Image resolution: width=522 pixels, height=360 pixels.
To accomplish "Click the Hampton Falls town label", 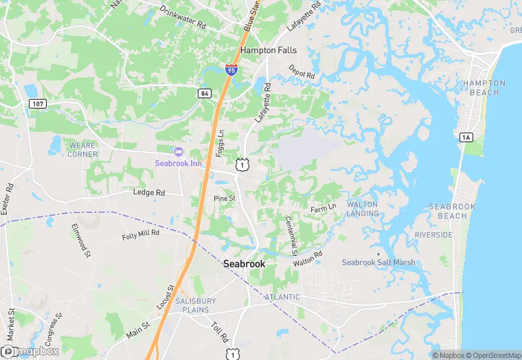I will coord(267,50).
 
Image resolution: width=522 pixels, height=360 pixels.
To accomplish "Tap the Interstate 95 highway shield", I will coord(231,68).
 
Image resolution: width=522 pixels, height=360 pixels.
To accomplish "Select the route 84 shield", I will coord(204,93).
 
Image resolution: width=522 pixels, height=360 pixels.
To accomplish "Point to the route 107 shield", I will coord(38,103).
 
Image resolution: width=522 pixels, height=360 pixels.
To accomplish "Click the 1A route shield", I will coord(466,137).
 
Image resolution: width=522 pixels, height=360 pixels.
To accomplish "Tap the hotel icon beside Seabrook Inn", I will coord(179,151).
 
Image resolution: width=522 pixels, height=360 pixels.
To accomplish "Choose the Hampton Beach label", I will coord(484,88).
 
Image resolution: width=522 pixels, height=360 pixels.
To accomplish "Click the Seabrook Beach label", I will coord(447,211).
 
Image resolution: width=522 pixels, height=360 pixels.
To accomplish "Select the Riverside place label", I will coord(433,235).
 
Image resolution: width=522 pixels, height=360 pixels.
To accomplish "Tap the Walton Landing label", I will coord(362,209).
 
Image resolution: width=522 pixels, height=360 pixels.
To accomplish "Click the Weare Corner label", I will coord(82,150).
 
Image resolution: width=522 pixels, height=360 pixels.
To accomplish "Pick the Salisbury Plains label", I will coord(195,305).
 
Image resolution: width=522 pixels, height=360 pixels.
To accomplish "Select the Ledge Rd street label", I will coord(148,193).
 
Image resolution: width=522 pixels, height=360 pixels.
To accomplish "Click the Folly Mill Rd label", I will coord(140,234).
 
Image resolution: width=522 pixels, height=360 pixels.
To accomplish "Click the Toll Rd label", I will coord(219,333).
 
